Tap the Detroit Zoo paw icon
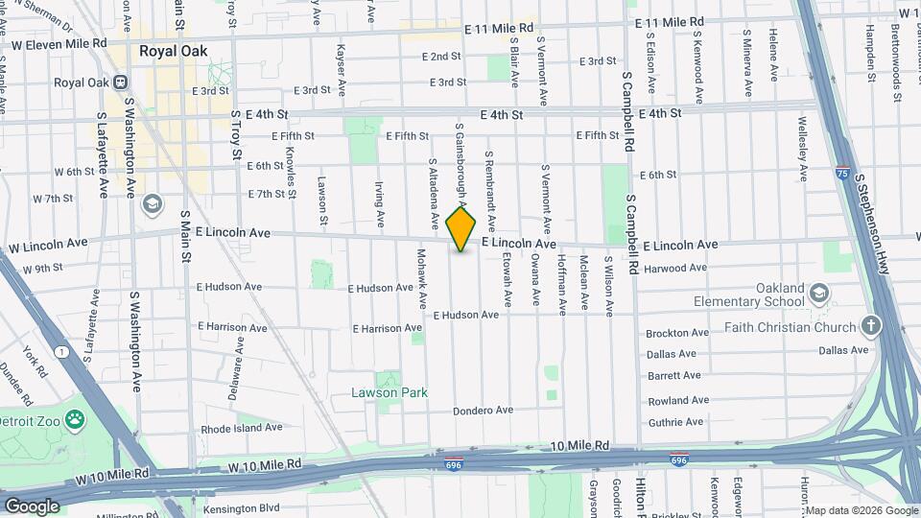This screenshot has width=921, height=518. pyautogui.click(x=75, y=419)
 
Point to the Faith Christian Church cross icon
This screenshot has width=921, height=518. pyautogui.click(x=871, y=326)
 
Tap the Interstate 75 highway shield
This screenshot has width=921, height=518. pyautogui.click(x=841, y=174)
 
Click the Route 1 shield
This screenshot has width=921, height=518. pyautogui.click(x=62, y=353)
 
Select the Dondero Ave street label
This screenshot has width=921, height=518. pyautogui.click(x=483, y=411)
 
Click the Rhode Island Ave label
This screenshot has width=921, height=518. pyautogui.click(x=242, y=428)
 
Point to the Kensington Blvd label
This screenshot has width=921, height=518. pyautogui.click(x=241, y=508)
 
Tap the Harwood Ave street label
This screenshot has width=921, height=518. pyautogui.click(x=673, y=270)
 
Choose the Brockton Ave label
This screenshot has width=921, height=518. pyautogui.click(x=676, y=334)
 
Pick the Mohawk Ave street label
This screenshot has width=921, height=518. pyautogui.click(x=421, y=278)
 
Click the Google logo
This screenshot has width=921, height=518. pyautogui.click(x=32, y=506)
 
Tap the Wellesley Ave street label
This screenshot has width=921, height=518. pyautogui.click(x=802, y=148)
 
